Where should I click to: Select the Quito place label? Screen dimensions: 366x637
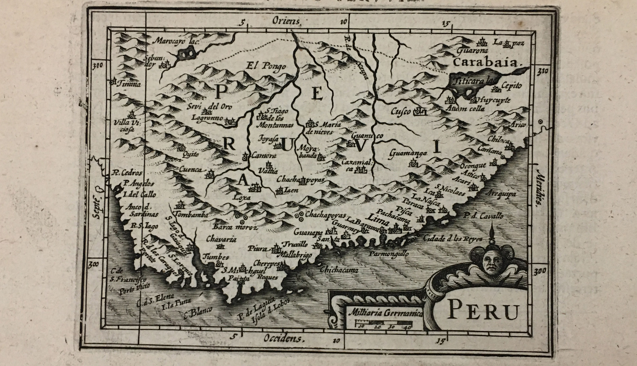coord(191,154)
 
